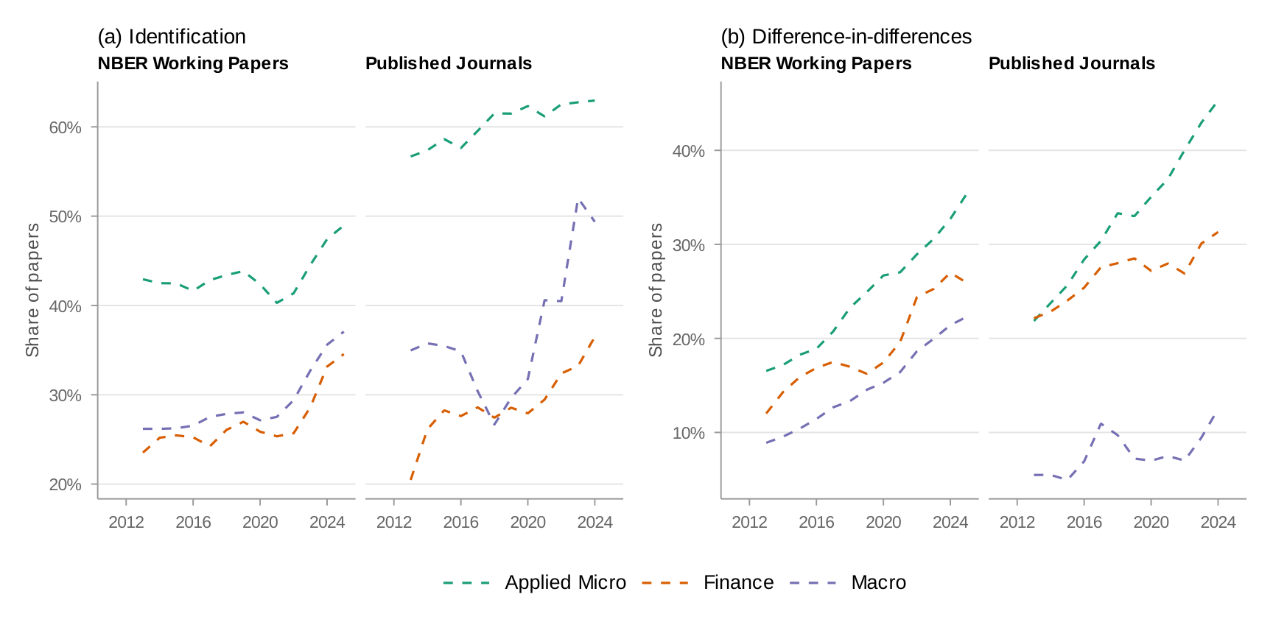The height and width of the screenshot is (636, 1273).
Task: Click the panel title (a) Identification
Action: coord(172,37)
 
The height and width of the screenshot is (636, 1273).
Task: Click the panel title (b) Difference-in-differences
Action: coord(846,37)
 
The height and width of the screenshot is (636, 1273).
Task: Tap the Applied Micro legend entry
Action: coord(565,582)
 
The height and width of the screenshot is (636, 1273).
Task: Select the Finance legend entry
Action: coord(738,582)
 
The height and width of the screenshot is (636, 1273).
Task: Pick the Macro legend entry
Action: coord(878,582)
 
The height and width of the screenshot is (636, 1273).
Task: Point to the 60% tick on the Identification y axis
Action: coord(65,127)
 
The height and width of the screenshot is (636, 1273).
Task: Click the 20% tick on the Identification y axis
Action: coord(65,484)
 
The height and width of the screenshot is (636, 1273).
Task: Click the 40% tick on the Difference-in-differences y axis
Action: coord(688,151)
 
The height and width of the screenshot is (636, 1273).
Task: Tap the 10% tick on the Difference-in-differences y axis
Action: coord(688,433)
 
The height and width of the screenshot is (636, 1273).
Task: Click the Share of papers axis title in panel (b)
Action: coord(656,290)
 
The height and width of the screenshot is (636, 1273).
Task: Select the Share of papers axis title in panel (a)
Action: coord(32,290)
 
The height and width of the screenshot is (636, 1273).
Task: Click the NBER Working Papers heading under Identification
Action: coord(193,63)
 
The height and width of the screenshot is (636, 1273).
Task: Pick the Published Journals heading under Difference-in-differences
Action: coord(1071,63)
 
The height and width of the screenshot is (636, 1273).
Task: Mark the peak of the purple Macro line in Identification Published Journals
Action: coord(579,199)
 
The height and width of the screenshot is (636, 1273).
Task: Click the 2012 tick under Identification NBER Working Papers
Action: coord(126,522)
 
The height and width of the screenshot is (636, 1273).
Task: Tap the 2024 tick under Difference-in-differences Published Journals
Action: coord(1218,522)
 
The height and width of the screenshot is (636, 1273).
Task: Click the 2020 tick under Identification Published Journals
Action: coord(527,522)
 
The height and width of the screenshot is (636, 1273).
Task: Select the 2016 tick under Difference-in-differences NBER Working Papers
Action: coord(816,522)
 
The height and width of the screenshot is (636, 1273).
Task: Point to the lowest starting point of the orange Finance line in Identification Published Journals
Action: coord(410,481)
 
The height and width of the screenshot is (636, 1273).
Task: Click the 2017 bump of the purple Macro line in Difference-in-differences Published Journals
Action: coord(1101,424)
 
